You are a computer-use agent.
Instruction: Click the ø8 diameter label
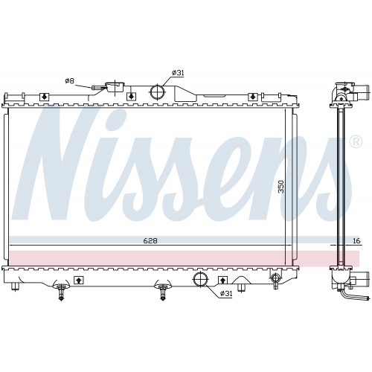70,81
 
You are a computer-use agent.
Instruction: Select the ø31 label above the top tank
178,73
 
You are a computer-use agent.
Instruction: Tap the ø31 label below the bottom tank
226,294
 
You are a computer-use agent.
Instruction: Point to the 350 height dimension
280,187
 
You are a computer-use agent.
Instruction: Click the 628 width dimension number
150,240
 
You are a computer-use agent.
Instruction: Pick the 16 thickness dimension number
356,240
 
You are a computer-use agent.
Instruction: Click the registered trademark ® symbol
356,142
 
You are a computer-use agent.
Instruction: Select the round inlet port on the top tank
158,92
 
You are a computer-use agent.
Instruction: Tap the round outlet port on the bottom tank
200,279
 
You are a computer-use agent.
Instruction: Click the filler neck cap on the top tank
115,87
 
